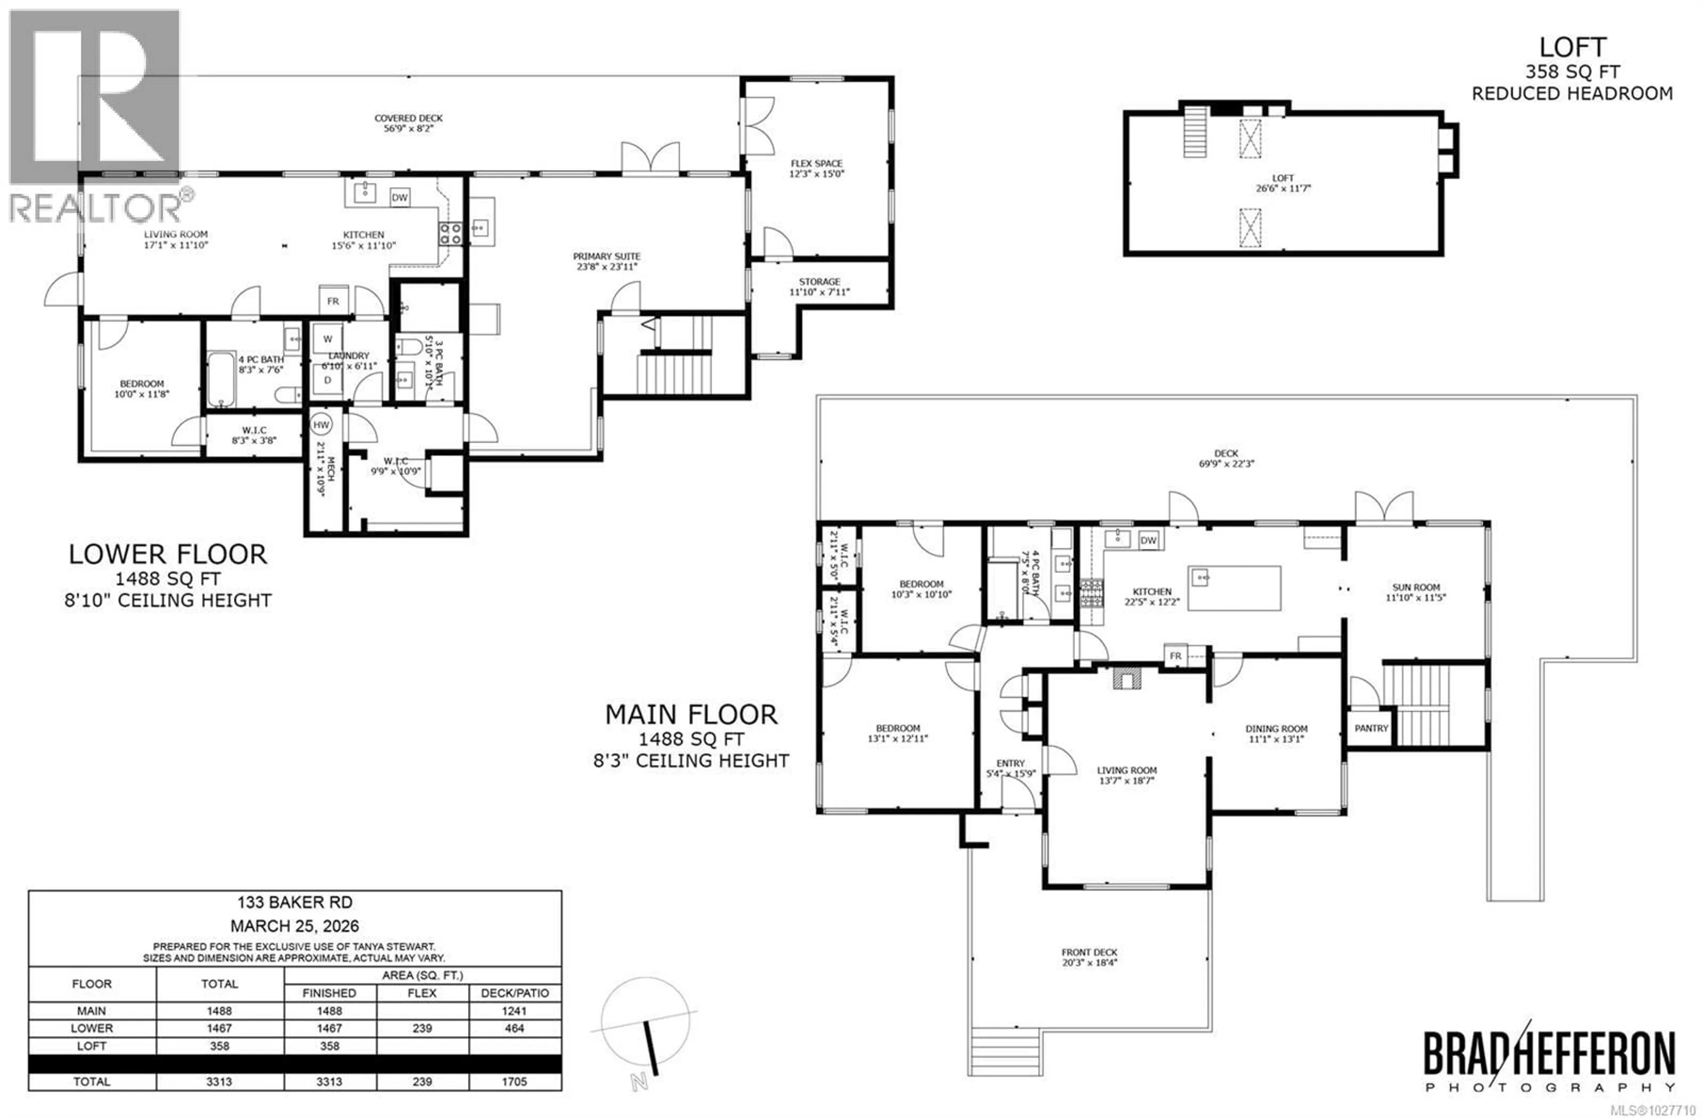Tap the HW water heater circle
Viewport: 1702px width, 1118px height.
tap(321, 425)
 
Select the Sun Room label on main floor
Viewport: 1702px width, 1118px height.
tap(1416, 587)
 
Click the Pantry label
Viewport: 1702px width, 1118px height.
tap(1371, 728)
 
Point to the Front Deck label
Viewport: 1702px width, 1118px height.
tap(1089, 952)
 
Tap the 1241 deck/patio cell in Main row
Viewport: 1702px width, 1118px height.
tap(514, 1011)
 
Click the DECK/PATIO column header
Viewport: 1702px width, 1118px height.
tap(514, 993)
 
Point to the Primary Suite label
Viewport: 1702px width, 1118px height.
tap(606, 256)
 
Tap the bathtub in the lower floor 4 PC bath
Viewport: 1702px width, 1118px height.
tap(221, 379)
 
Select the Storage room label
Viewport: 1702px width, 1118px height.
tap(820, 282)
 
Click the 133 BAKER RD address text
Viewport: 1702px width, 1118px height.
tap(295, 903)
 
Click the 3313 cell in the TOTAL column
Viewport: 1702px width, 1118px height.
tap(219, 1082)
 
